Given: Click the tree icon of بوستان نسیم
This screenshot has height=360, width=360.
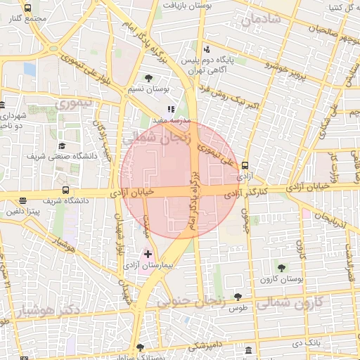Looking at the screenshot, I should pyautogui.click(x=148, y=78).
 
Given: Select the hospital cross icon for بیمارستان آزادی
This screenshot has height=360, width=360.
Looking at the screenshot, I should pyautogui.click(x=148, y=253).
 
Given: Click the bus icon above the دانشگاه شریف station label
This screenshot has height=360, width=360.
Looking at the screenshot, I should pyautogui.click(x=65, y=190).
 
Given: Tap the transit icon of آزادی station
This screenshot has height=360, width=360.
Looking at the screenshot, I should pyautogui.click(x=245, y=166).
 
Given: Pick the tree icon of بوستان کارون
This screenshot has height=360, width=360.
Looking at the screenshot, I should pyautogui.click(x=281, y=267).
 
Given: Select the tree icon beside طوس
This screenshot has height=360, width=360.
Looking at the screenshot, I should pyautogui.click(x=238, y=296).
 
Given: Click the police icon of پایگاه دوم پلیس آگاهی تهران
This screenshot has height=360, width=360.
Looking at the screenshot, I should pyautogui.click(x=206, y=49).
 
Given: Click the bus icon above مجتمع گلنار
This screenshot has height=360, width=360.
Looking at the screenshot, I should pyautogui.click(x=27, y=8).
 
